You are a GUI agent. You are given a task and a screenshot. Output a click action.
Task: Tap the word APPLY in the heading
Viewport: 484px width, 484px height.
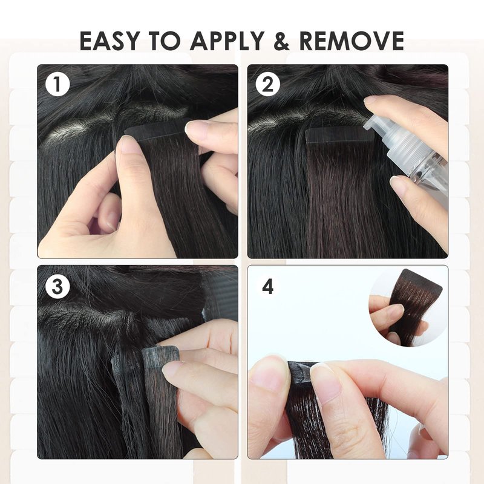pos(227,41)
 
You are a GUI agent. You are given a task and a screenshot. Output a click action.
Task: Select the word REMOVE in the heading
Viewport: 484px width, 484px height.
pos(352,41)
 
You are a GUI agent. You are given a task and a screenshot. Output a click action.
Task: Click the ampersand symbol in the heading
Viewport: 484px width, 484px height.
pos(281,41)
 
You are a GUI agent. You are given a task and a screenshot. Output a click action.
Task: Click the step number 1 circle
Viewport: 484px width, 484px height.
pos(57,84)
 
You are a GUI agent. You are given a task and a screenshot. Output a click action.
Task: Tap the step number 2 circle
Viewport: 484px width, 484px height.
pos(267,84)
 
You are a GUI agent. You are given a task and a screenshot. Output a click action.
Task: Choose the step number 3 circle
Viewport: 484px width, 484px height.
pos(57,287)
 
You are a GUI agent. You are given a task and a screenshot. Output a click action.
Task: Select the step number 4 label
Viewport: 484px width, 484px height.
pos(267,287)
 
